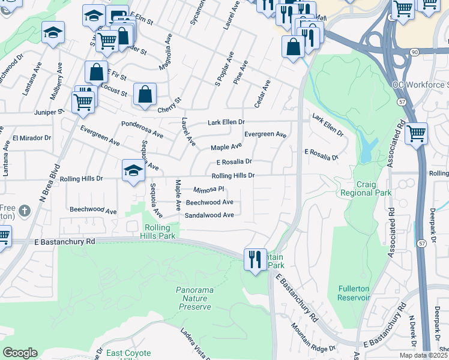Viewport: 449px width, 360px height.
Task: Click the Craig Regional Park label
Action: tap(366, 188)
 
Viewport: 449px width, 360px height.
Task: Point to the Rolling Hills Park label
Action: tap(160, 232)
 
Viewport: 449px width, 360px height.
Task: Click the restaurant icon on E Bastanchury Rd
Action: tap(255, 259)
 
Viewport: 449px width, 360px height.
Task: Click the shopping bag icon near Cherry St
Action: tap(145, 94)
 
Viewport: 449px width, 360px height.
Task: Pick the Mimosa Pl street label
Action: tap(208, 189)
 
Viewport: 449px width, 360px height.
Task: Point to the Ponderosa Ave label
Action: tap(142, 130)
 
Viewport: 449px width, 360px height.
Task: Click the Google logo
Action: tap(20, 353)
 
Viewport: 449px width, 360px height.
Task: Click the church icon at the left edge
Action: tap(24, 211)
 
